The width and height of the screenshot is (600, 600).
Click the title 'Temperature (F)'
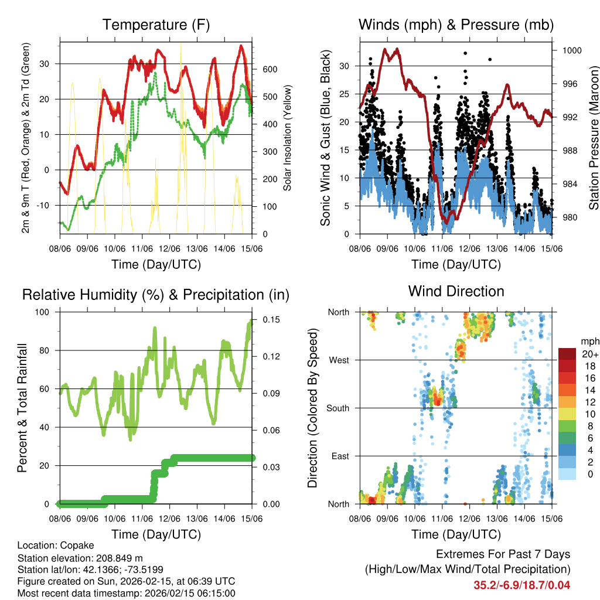[x=156, y=25]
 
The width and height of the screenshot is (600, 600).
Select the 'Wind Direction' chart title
[x=456, y=291]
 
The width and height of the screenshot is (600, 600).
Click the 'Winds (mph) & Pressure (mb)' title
[x=456, y=25]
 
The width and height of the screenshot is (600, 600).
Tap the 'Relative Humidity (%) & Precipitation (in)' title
[x=156, y=295]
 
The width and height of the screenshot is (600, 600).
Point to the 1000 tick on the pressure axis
[x=571, y=50]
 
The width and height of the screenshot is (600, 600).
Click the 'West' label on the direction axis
[x=339, y=360]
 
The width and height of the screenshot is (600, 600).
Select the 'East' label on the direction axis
[x=340, y=456]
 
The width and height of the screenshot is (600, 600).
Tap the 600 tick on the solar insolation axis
[x=269, y=69]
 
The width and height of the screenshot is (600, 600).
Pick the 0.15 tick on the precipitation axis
[x=271, y=319]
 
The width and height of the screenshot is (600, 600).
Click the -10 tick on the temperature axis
[x=46, y=205]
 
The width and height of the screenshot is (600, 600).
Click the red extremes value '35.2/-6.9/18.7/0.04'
[x=521, y=585]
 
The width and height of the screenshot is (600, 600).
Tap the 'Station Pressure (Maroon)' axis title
[x=594, y=138]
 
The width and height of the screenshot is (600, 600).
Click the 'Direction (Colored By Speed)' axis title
[x=312, y=408]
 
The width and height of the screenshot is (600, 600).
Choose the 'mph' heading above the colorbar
[x=588, y=341]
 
